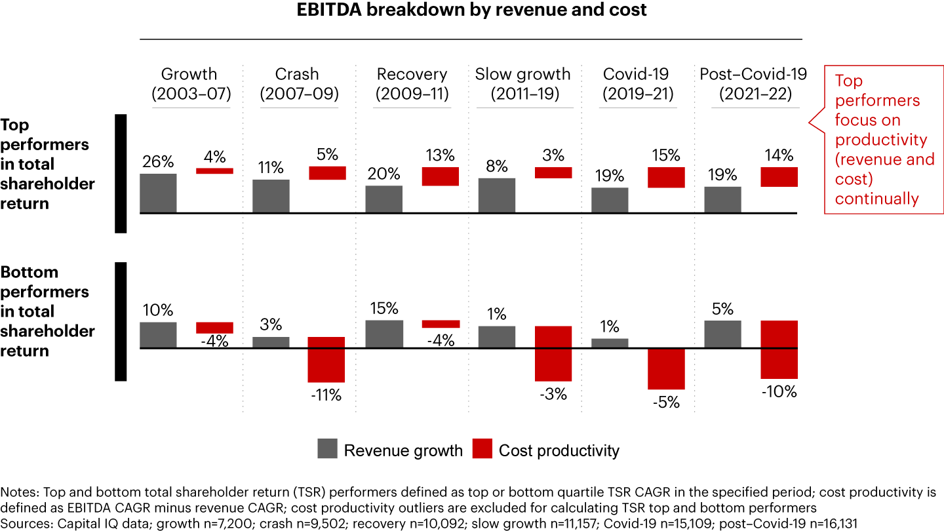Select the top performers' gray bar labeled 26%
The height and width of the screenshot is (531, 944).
pos(158,193)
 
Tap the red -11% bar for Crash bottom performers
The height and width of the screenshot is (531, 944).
pos(326,359)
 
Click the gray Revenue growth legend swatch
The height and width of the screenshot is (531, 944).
pos(326,450)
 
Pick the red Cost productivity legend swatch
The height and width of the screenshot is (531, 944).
pos(482,450)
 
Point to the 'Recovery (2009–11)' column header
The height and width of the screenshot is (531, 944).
pos(412,84)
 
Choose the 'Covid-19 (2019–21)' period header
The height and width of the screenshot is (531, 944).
pos(638,84)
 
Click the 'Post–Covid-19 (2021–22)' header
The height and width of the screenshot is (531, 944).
pos(753,84)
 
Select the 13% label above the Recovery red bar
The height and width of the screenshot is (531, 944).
pos(439,156)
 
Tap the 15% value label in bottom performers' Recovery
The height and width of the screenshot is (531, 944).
pos(383,309)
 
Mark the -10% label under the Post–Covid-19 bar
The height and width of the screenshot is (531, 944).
pos(779,392)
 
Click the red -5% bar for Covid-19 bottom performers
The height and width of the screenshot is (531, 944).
pos(666,368)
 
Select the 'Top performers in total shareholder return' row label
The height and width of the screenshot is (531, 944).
pos(47,165)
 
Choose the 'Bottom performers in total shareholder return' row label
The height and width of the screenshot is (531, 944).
pos(47,311)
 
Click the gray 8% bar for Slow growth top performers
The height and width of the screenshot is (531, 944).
pos(496,195)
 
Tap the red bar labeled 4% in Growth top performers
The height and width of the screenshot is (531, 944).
pos(214,171)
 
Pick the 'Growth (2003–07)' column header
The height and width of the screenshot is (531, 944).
pos(189,84)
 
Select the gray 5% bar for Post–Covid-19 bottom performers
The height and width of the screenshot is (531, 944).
pos(722,334)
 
